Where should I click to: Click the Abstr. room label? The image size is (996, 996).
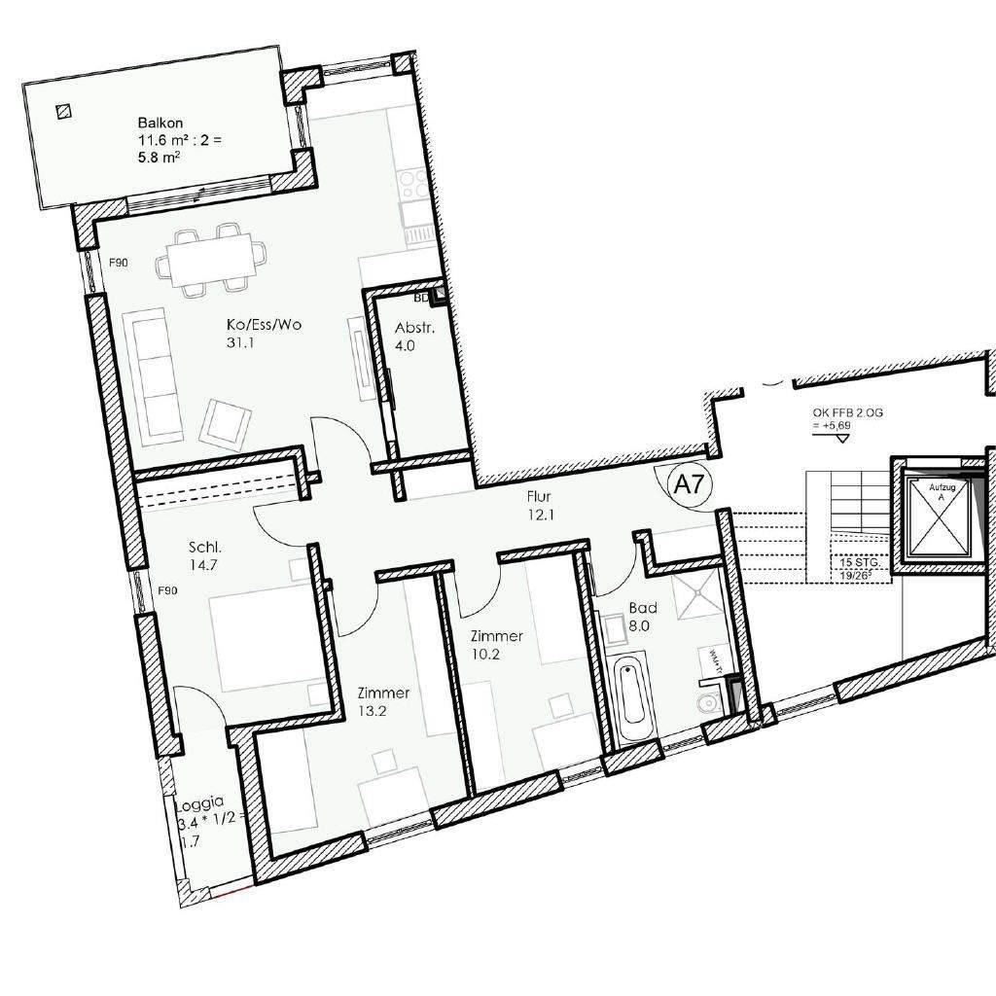tap(414, 328)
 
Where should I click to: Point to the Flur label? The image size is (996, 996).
tap(539, 496)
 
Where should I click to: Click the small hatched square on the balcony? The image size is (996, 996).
tap(64, 112)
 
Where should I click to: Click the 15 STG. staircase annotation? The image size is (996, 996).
tap(856, 561)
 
